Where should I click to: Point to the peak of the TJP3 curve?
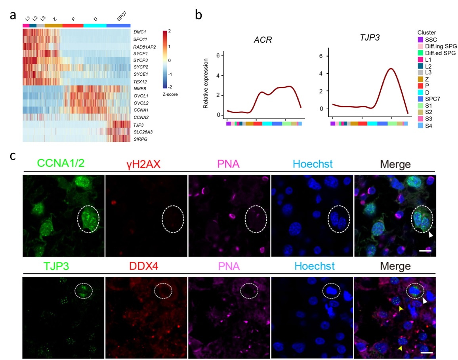coord(391,69)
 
